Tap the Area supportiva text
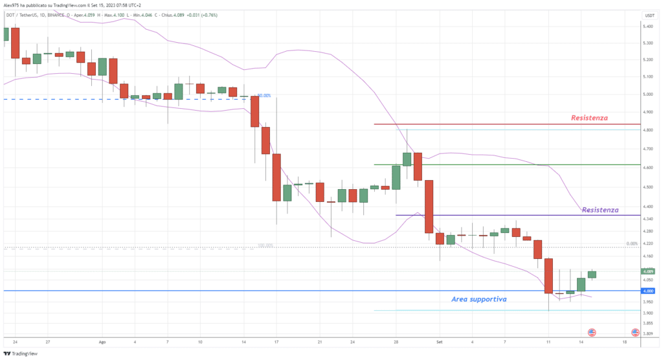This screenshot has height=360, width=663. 478,300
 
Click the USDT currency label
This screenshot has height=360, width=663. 649,15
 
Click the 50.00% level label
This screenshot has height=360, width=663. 264,95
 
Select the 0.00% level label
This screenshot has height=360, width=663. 633,244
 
